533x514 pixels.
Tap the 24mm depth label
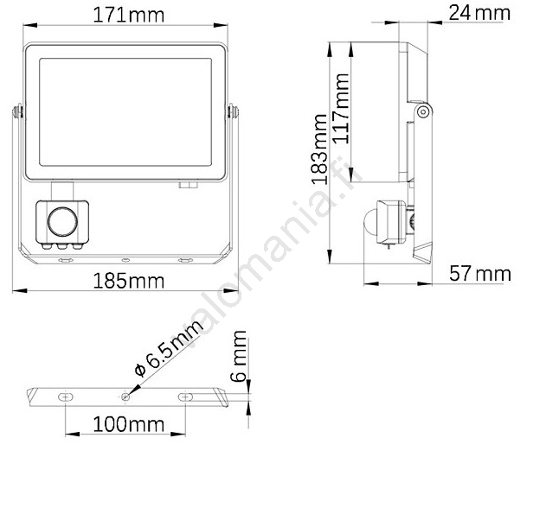(x=478, y=12)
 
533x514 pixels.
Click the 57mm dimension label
(x=480, y=275)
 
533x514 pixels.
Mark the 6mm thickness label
(x=240, y=356)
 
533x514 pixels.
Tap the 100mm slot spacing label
(x=126, y=425)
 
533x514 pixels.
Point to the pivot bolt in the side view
(x=422, y=111)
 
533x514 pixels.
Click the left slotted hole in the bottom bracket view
(x=66, y=396)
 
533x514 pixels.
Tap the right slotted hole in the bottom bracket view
(x=186, y=396)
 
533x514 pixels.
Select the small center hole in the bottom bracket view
(x=126, y=396)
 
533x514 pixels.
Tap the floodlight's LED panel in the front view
(x=125, y=111)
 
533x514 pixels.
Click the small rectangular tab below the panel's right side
(x=185, y=183)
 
